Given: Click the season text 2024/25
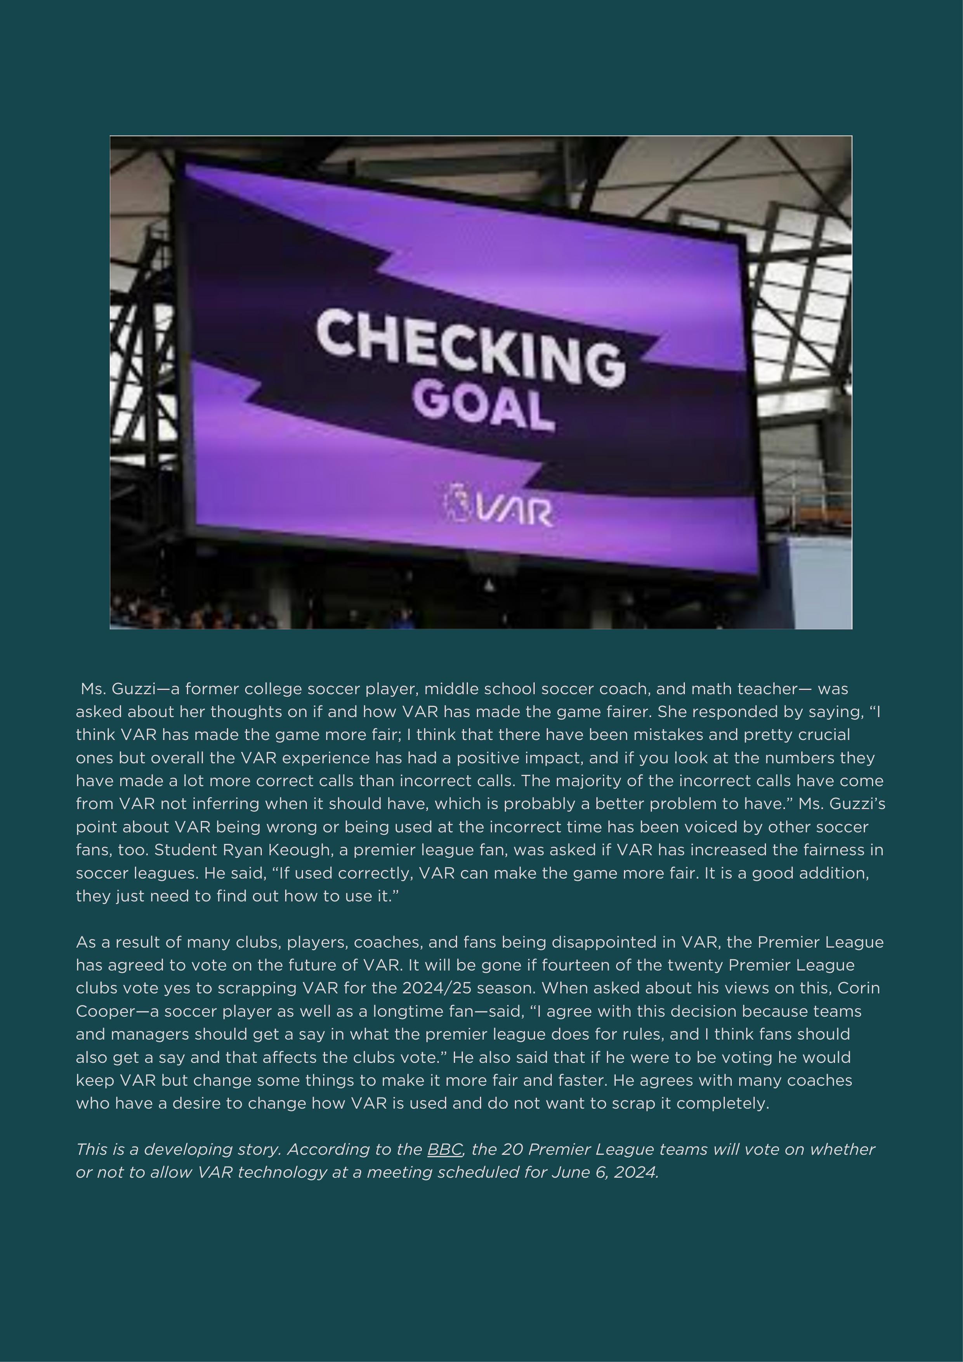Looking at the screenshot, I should (436, 988).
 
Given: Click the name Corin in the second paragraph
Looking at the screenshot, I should (859, 988).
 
